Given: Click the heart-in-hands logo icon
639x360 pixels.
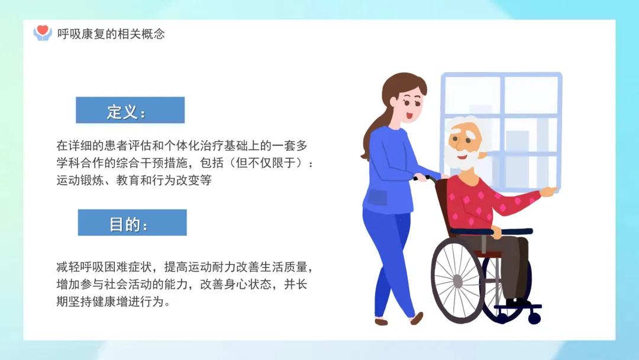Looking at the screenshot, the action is tap(43, 33).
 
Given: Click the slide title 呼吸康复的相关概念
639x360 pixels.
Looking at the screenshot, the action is tap(111, 34).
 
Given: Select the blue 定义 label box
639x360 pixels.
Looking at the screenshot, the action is tap(130, 110).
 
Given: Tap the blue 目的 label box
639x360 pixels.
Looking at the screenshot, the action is tap(132, 223).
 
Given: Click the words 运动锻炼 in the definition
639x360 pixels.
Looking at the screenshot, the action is tap(80, 180).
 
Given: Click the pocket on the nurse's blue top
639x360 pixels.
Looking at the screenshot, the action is tap(377, 197).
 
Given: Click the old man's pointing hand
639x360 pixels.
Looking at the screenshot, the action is tap(548, 191).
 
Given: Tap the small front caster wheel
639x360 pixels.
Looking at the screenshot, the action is tap(534, 317).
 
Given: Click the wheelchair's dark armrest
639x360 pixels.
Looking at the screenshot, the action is tap(491, 232).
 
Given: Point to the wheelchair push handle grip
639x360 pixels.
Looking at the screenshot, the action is tap(421, 178).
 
